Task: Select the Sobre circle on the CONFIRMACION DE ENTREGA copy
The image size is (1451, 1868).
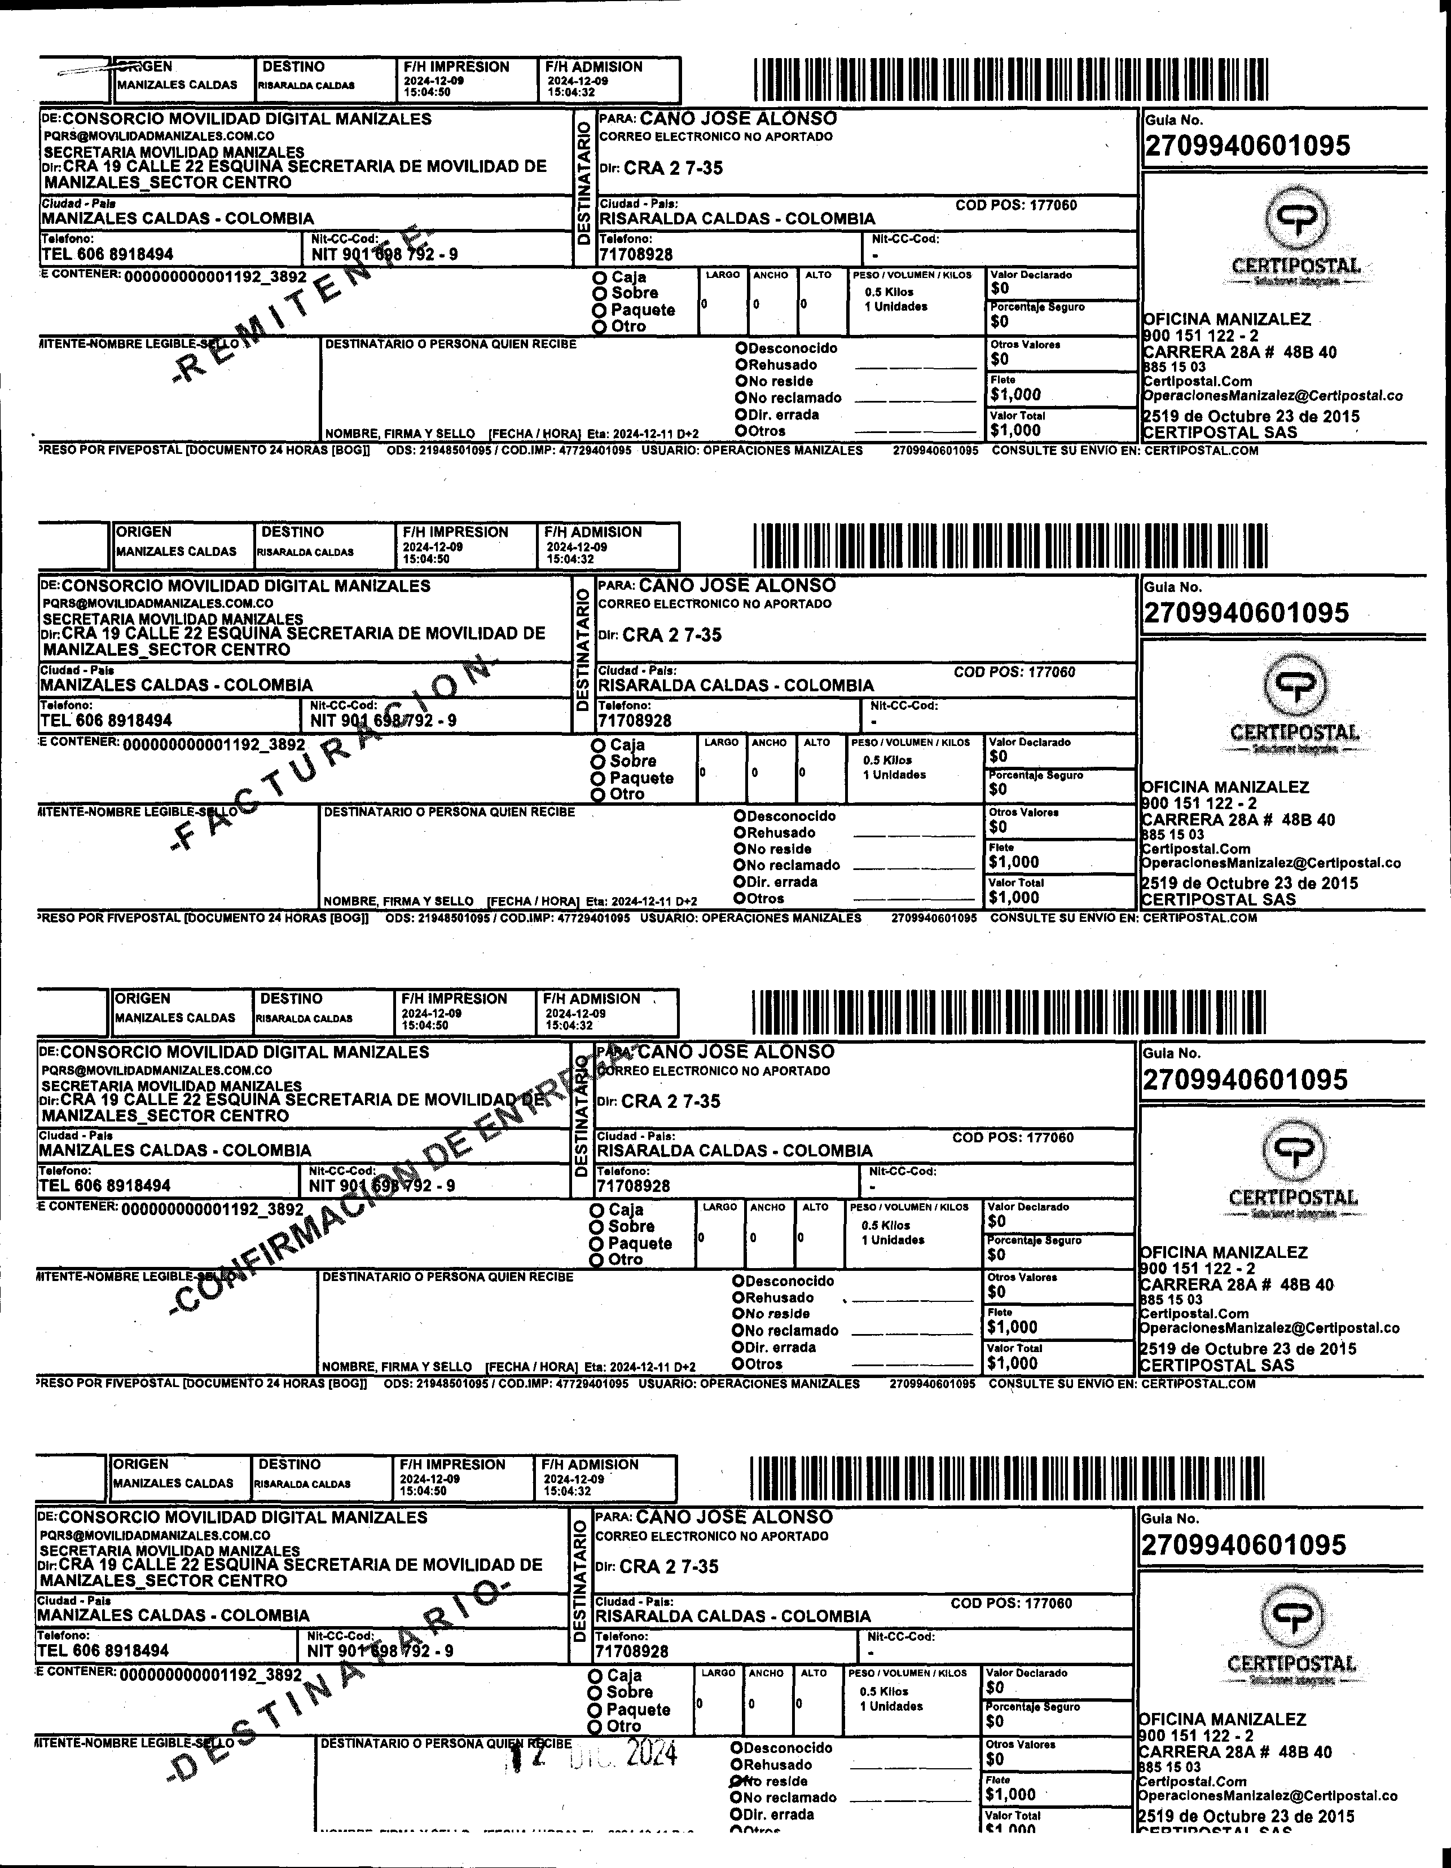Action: coord(597,1226)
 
